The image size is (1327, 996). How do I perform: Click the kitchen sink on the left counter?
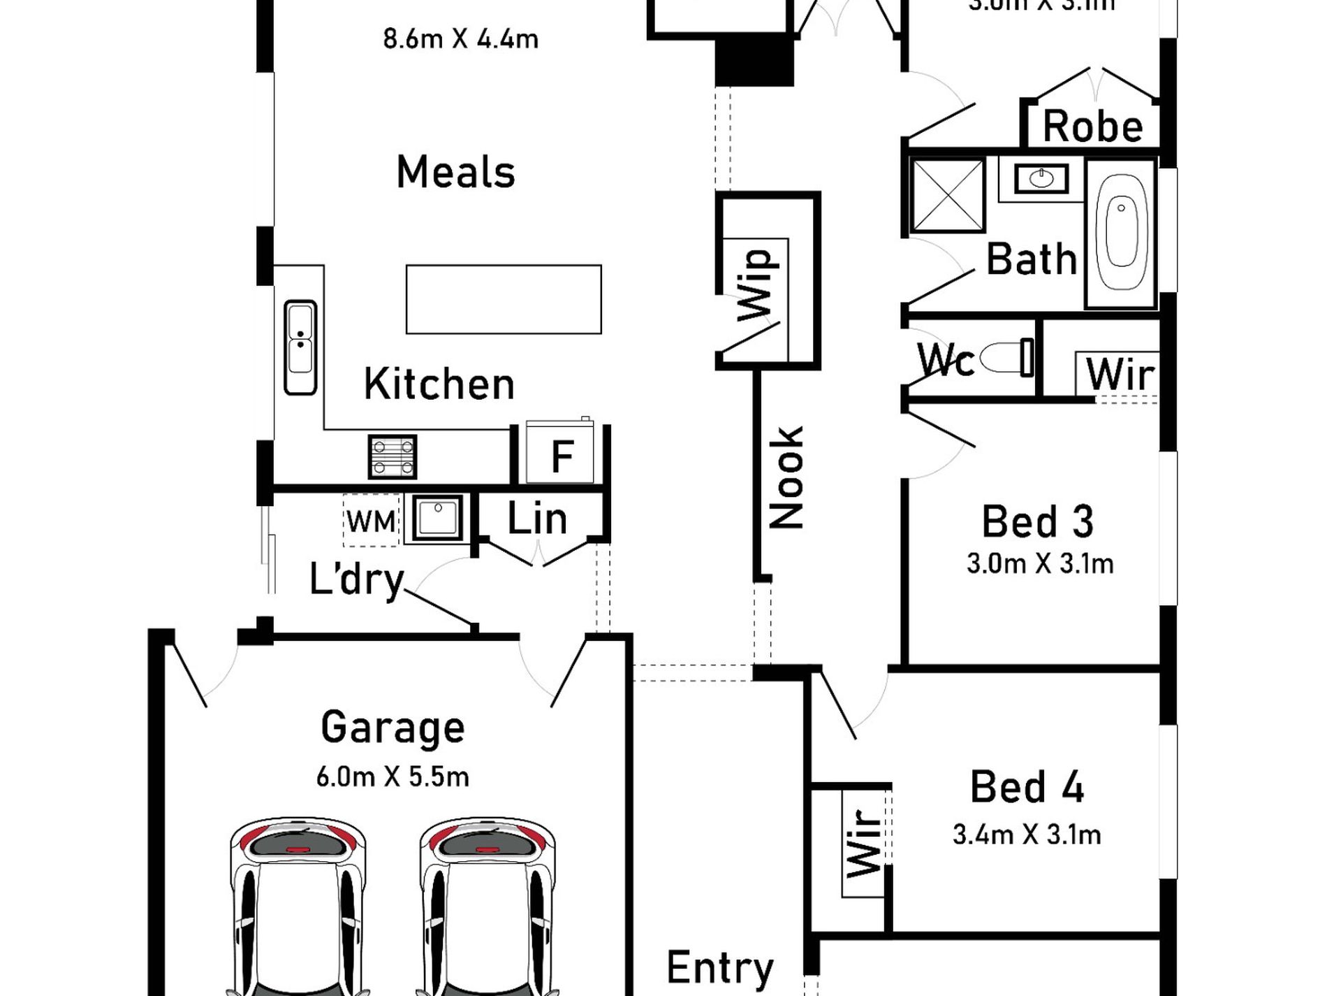click(x=300, y=347)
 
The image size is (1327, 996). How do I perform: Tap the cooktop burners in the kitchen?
click(x=392, y=456)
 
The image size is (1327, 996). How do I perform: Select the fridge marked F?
click(x=560, y=455)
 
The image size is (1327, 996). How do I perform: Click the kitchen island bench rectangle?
click(x=504, y=299)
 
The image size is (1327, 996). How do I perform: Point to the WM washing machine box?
click(x=370, y=521)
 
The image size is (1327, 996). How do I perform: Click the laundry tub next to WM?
click(x=438, y=518)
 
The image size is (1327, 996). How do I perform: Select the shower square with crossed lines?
click(x=947, y=195)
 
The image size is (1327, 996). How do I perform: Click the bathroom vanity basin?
click(x=1041, y=179)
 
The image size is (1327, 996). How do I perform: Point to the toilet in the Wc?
click(x=1006, y=359)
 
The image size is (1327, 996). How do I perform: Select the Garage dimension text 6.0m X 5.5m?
click(x=393, y=777)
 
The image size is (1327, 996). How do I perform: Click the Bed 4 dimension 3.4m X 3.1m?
click(x=1027, y=834)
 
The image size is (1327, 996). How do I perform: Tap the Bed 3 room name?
click(x=1037, y=521)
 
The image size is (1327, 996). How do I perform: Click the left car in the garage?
click(x=298, y=909)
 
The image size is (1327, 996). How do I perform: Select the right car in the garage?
click(x=487, y=909)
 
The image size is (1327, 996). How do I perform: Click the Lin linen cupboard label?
click(x=536, y=519)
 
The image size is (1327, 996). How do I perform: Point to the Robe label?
click(x=1092, y=127)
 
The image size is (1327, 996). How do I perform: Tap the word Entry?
click(x=720, y=968)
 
